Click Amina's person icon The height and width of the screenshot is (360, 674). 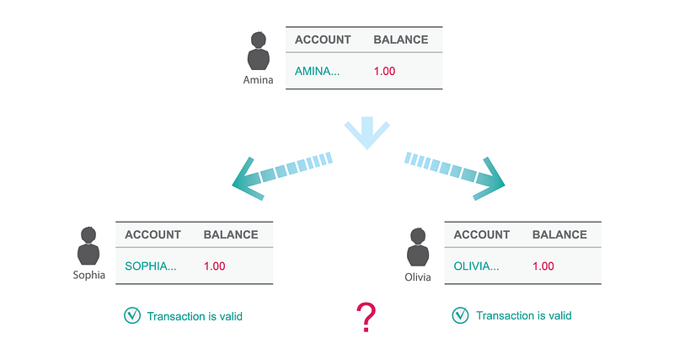tap(259, 52)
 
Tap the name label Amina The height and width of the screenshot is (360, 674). tap(259, 80)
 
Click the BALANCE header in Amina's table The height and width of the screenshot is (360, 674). tap(400, 40)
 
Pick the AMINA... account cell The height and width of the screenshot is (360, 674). tap(317, 71)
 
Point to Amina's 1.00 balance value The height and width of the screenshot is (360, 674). tap(384, 71)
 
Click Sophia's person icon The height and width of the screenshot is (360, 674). tap(88, 247)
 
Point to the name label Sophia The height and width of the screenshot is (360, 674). tap(88, 275)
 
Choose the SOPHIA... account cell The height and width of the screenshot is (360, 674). tap(151, 266)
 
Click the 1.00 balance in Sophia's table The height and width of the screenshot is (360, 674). tap(215, 266)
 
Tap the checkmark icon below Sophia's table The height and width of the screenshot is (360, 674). tap(131, 316)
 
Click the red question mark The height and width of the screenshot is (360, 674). tap(365, 318)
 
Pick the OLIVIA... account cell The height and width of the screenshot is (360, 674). tap(476, 266)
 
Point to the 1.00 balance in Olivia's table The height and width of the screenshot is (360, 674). tap(543, 266)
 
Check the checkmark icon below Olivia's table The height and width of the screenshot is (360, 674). tap(460, 316)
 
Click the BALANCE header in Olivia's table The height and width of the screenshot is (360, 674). tap(559, 234)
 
